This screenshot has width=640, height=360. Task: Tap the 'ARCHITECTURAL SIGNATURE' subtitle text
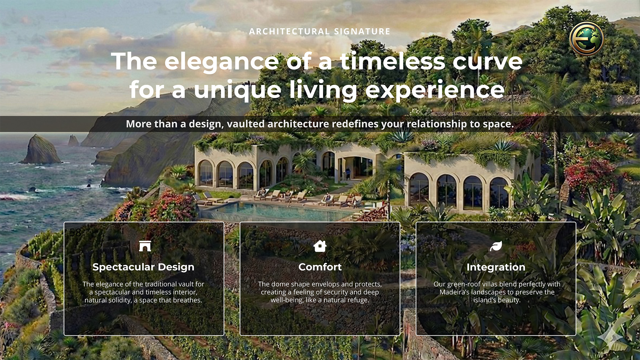click(320, 31)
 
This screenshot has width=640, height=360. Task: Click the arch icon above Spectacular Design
click(145, 246)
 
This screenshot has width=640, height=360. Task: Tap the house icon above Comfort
click(320, 246)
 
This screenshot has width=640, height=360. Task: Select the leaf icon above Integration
click(496, 246)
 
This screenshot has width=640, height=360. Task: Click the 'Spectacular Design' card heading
click(143, 267)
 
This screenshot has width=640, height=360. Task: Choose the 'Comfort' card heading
click(320, 267)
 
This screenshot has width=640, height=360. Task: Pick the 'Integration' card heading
click(496, 267)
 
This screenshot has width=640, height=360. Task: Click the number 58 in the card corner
click(75, 232)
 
